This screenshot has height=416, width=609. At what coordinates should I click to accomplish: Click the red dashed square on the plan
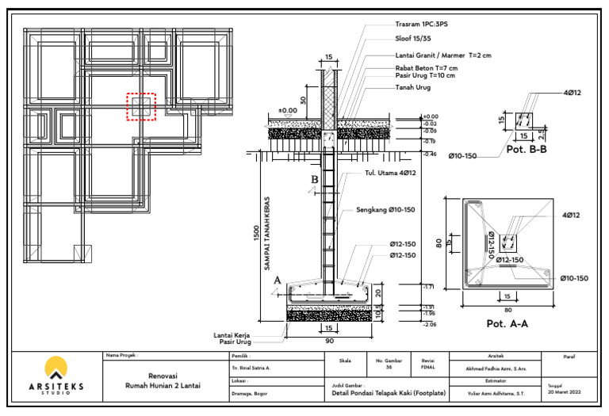[142, 106]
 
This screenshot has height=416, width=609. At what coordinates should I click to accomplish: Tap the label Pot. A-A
[507, 323]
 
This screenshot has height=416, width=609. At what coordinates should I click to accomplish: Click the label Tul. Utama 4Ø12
[390, 172]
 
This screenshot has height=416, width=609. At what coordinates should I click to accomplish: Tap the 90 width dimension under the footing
[327, 342]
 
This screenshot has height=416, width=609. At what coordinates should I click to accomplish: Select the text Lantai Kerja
[238, 335]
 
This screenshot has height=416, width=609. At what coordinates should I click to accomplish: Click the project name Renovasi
[163, 376]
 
